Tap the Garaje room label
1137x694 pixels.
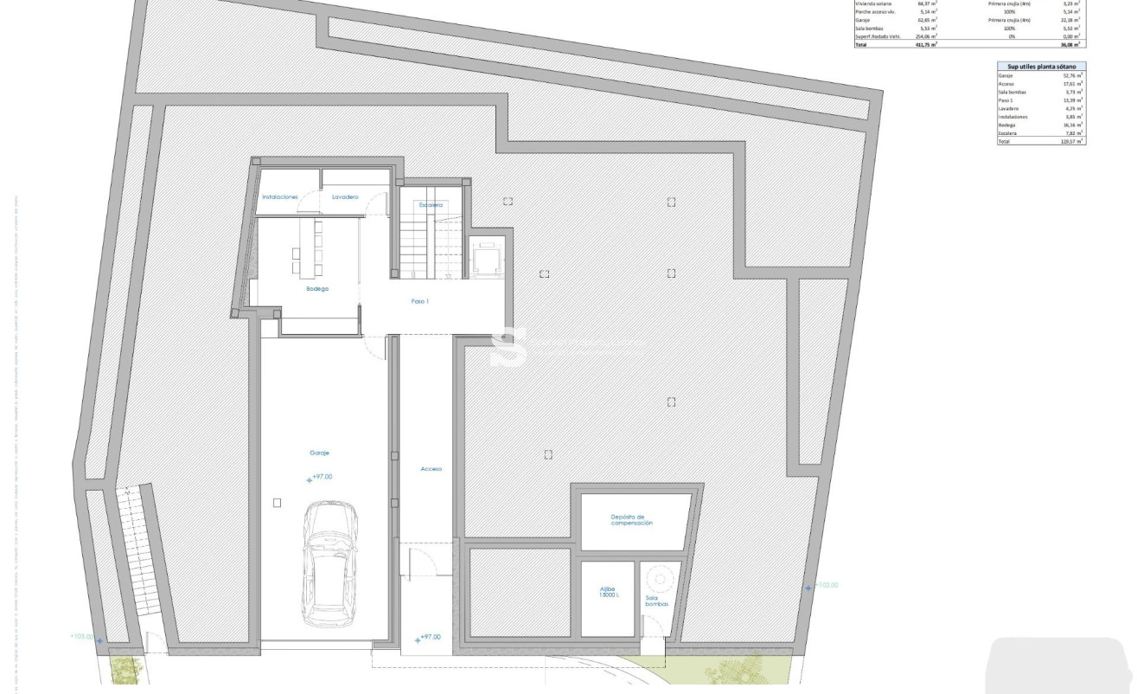tap(320, 453)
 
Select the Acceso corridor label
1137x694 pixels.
tap(431, 469)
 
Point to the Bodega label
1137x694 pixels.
tap(317, 288)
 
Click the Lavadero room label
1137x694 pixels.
tap(345, 197)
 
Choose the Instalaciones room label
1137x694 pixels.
tap(280, 197)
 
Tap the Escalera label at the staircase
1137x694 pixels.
tap(431, 205)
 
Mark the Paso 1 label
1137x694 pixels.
tap(419, 302)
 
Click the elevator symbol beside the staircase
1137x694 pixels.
tap(485, 258)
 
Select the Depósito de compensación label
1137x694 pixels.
tap(632, 520)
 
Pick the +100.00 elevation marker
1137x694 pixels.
tap(82, 638)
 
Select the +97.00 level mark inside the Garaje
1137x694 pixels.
tap(321, 477)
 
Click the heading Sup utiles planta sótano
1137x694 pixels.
tap(1041, 66)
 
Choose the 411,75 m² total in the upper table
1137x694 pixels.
tap(926, 44)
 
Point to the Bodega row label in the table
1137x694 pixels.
tap(1008, 125)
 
